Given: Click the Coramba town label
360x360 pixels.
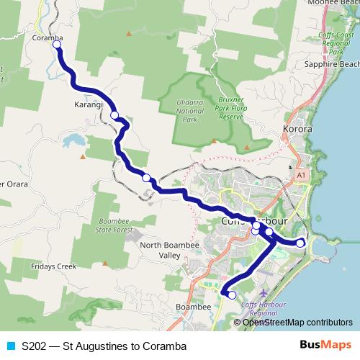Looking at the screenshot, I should tap(48, 39).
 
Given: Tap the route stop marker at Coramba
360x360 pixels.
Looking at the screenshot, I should tap(56, 45).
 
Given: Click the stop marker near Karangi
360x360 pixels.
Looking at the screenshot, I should tap(114, 114).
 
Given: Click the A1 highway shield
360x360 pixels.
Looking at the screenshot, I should tap(300, 174).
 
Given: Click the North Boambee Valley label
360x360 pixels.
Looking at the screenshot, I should tap(171, 251).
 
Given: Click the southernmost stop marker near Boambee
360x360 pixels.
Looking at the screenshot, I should tap(232, 294).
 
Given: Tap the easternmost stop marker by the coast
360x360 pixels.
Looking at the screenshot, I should tap(300, 243).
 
